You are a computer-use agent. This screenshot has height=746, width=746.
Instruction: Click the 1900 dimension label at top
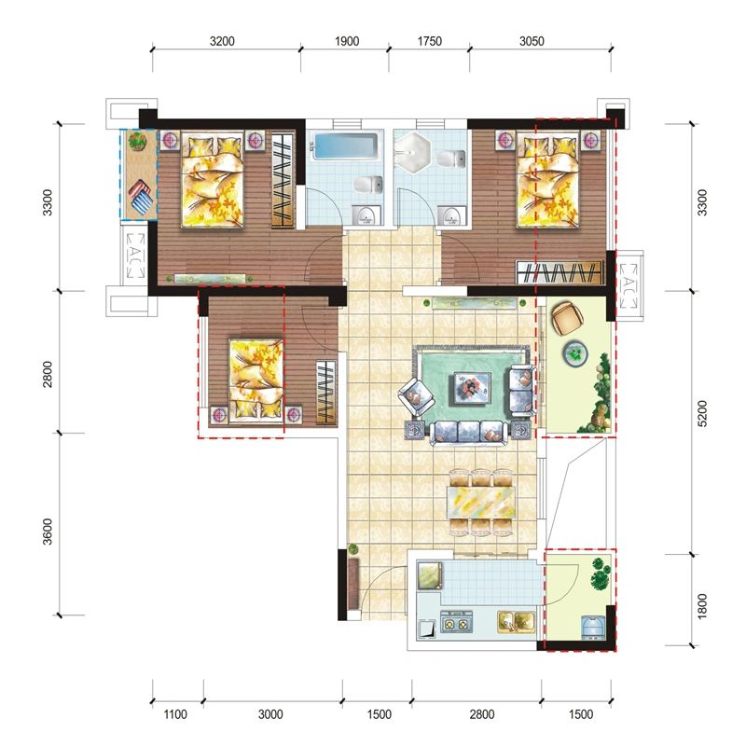click(x=347, y=41)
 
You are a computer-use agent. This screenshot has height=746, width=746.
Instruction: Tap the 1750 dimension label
click(x=430, y=41)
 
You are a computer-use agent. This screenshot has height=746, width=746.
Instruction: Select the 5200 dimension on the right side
click(x=702, y=413)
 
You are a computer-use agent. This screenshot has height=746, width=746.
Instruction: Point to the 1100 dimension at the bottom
click(x=175, y=714)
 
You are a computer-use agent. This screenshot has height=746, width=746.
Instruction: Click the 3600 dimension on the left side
click(x=48, y=532)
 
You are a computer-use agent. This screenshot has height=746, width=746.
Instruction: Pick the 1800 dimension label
click(x=702, y=606)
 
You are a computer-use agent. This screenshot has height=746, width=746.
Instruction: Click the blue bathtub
click(x=346, y=147)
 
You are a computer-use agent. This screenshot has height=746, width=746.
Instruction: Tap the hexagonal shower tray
click(x=413, y=154)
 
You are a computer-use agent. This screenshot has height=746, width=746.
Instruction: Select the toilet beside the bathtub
click(x=368, y=185)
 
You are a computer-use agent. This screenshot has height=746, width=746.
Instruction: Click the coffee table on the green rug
click(x=472, y=387)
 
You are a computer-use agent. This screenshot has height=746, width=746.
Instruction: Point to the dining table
click(x=481, y=503)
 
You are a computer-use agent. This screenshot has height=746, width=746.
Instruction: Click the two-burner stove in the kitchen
click(x=456, y=622)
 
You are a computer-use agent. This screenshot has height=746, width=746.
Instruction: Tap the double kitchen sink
click(x=517, y=621)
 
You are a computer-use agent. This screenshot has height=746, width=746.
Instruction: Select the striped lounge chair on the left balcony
click(x=141, y=198)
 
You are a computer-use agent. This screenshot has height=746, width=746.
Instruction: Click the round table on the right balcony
click(x=575, y=353)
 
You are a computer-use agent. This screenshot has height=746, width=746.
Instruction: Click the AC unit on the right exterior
click(x=629, y=285)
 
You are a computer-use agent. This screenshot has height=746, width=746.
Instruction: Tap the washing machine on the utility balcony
click(x=593, y=627)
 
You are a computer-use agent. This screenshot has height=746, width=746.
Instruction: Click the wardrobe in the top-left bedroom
click(x=282, y=180)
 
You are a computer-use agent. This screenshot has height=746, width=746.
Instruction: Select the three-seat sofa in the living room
click(x=469, y=433)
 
